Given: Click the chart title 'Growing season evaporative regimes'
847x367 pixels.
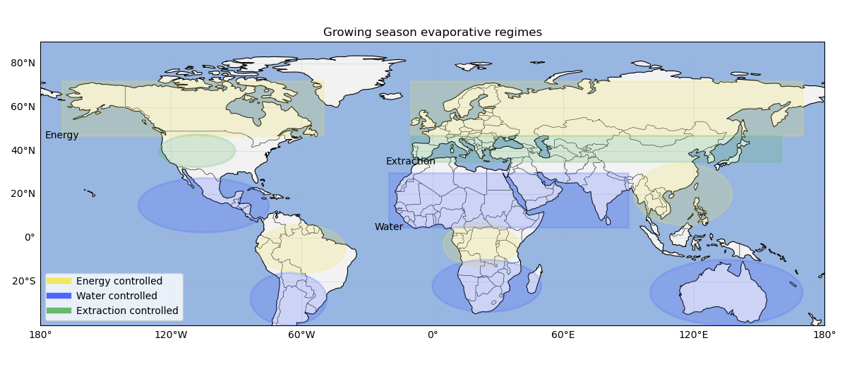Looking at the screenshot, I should pyautogui.click(x=432, y=32).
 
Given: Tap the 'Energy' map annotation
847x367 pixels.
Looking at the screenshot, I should pyautogui.click(x=62, y=135).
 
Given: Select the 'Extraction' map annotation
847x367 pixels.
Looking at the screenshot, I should pyautogui.click(x=410, y=162).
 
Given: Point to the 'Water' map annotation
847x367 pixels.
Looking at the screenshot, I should pyautogui.click(x=389, y=227).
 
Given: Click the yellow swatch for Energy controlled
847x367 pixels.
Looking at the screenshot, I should pyautogui.click(x=59, y=281).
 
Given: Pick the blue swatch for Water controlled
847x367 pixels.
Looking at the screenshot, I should pyautogui.click(x=59, y=296).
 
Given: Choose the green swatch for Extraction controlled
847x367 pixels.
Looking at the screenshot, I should pyautogui.click(x=59, y=311).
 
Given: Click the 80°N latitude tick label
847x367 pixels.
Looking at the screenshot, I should pyautogui.click(x=23, y=63).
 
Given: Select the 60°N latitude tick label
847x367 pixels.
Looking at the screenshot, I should pyautogui.click(x=23, y=107).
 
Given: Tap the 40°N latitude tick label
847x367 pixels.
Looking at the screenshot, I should pyautogui.click(x=23, y=150).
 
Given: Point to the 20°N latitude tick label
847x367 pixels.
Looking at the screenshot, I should pyautogui.click(x=23, y=194).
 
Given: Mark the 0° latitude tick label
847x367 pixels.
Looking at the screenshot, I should pyautogui.click(x=30, y=237).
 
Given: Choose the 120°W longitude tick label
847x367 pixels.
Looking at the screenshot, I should pyautogui.click(x=171, y=335).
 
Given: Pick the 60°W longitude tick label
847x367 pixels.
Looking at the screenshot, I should pyautogui.click(x=301, y=335).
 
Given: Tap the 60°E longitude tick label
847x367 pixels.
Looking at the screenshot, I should pyautogui.click(x=563, y=335).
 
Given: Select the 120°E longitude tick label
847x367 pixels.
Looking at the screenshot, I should pyautogui.click(x=693, y=335).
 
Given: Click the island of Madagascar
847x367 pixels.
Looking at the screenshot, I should pyautogui.click(x=536, y=279).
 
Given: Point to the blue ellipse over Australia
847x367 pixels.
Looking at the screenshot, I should pyautogui.click(x=726, y=292).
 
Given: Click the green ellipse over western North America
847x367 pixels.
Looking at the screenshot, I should pyautogui.click(x=197, y=151).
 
